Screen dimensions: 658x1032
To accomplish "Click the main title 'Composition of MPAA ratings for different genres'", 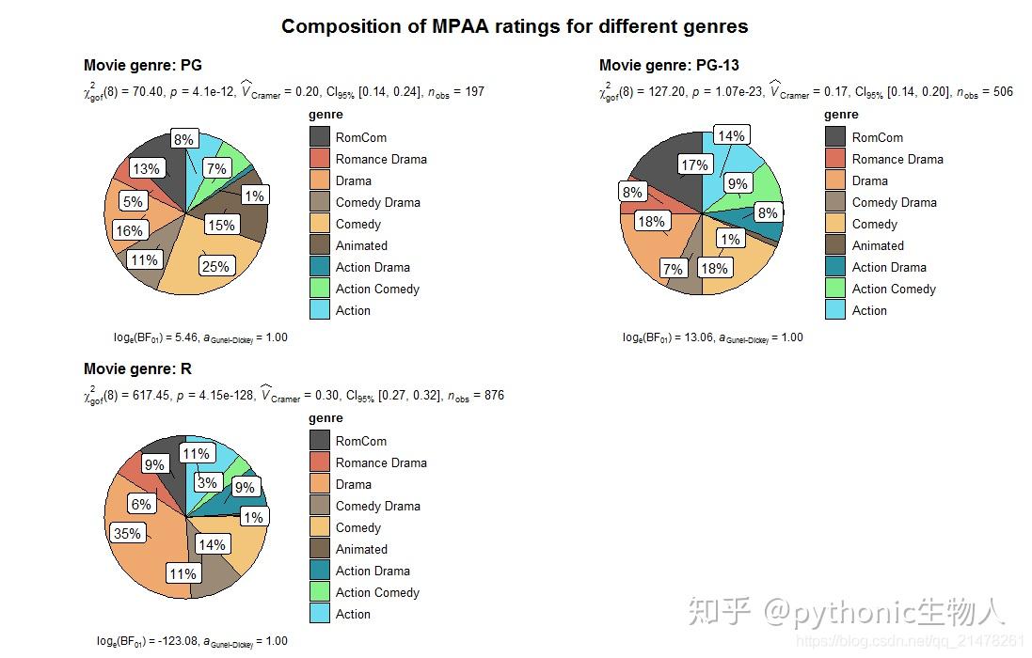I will (x=515, y=26).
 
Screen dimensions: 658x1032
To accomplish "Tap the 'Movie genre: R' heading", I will (x=137, y=368).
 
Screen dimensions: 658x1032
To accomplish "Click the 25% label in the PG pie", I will (x=215, y=266).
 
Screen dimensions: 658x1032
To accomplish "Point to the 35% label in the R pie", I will (x=126, y=533).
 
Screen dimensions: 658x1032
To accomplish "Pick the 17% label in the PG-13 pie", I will (x=694, y=165).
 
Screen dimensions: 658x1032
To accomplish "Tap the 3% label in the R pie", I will (x=207, y=483).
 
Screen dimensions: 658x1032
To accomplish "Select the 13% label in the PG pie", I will (x=146, y=169).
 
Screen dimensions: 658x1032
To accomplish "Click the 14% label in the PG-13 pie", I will (x=730, y=135).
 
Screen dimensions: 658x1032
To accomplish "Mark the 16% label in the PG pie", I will (x=129, y=230).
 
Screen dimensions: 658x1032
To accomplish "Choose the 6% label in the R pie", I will (x=141, y=504).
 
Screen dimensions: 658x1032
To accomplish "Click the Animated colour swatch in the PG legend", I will (x=320, y=245).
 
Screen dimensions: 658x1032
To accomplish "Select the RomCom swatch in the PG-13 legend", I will (x=835, y=137).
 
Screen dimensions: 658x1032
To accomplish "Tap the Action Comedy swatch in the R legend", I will (x=320, y=592).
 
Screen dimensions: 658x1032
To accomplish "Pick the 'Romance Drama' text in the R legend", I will (x=381, y=462).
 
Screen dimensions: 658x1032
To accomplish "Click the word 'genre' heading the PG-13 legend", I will (x=841, y=115).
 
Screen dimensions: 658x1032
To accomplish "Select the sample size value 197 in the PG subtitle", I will (x=474, y=92).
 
